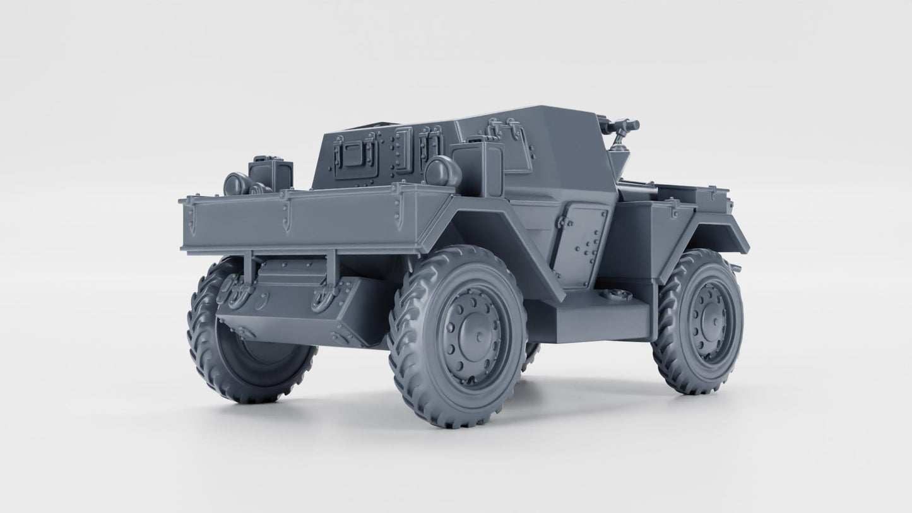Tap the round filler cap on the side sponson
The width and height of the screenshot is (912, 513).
(610, 294)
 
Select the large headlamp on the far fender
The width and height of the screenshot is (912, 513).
(235, 184)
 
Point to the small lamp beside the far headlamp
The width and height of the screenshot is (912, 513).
(258, 189)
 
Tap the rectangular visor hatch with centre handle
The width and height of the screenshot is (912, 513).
(356, 154)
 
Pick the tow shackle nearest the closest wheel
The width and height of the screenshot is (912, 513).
(324, 295)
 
